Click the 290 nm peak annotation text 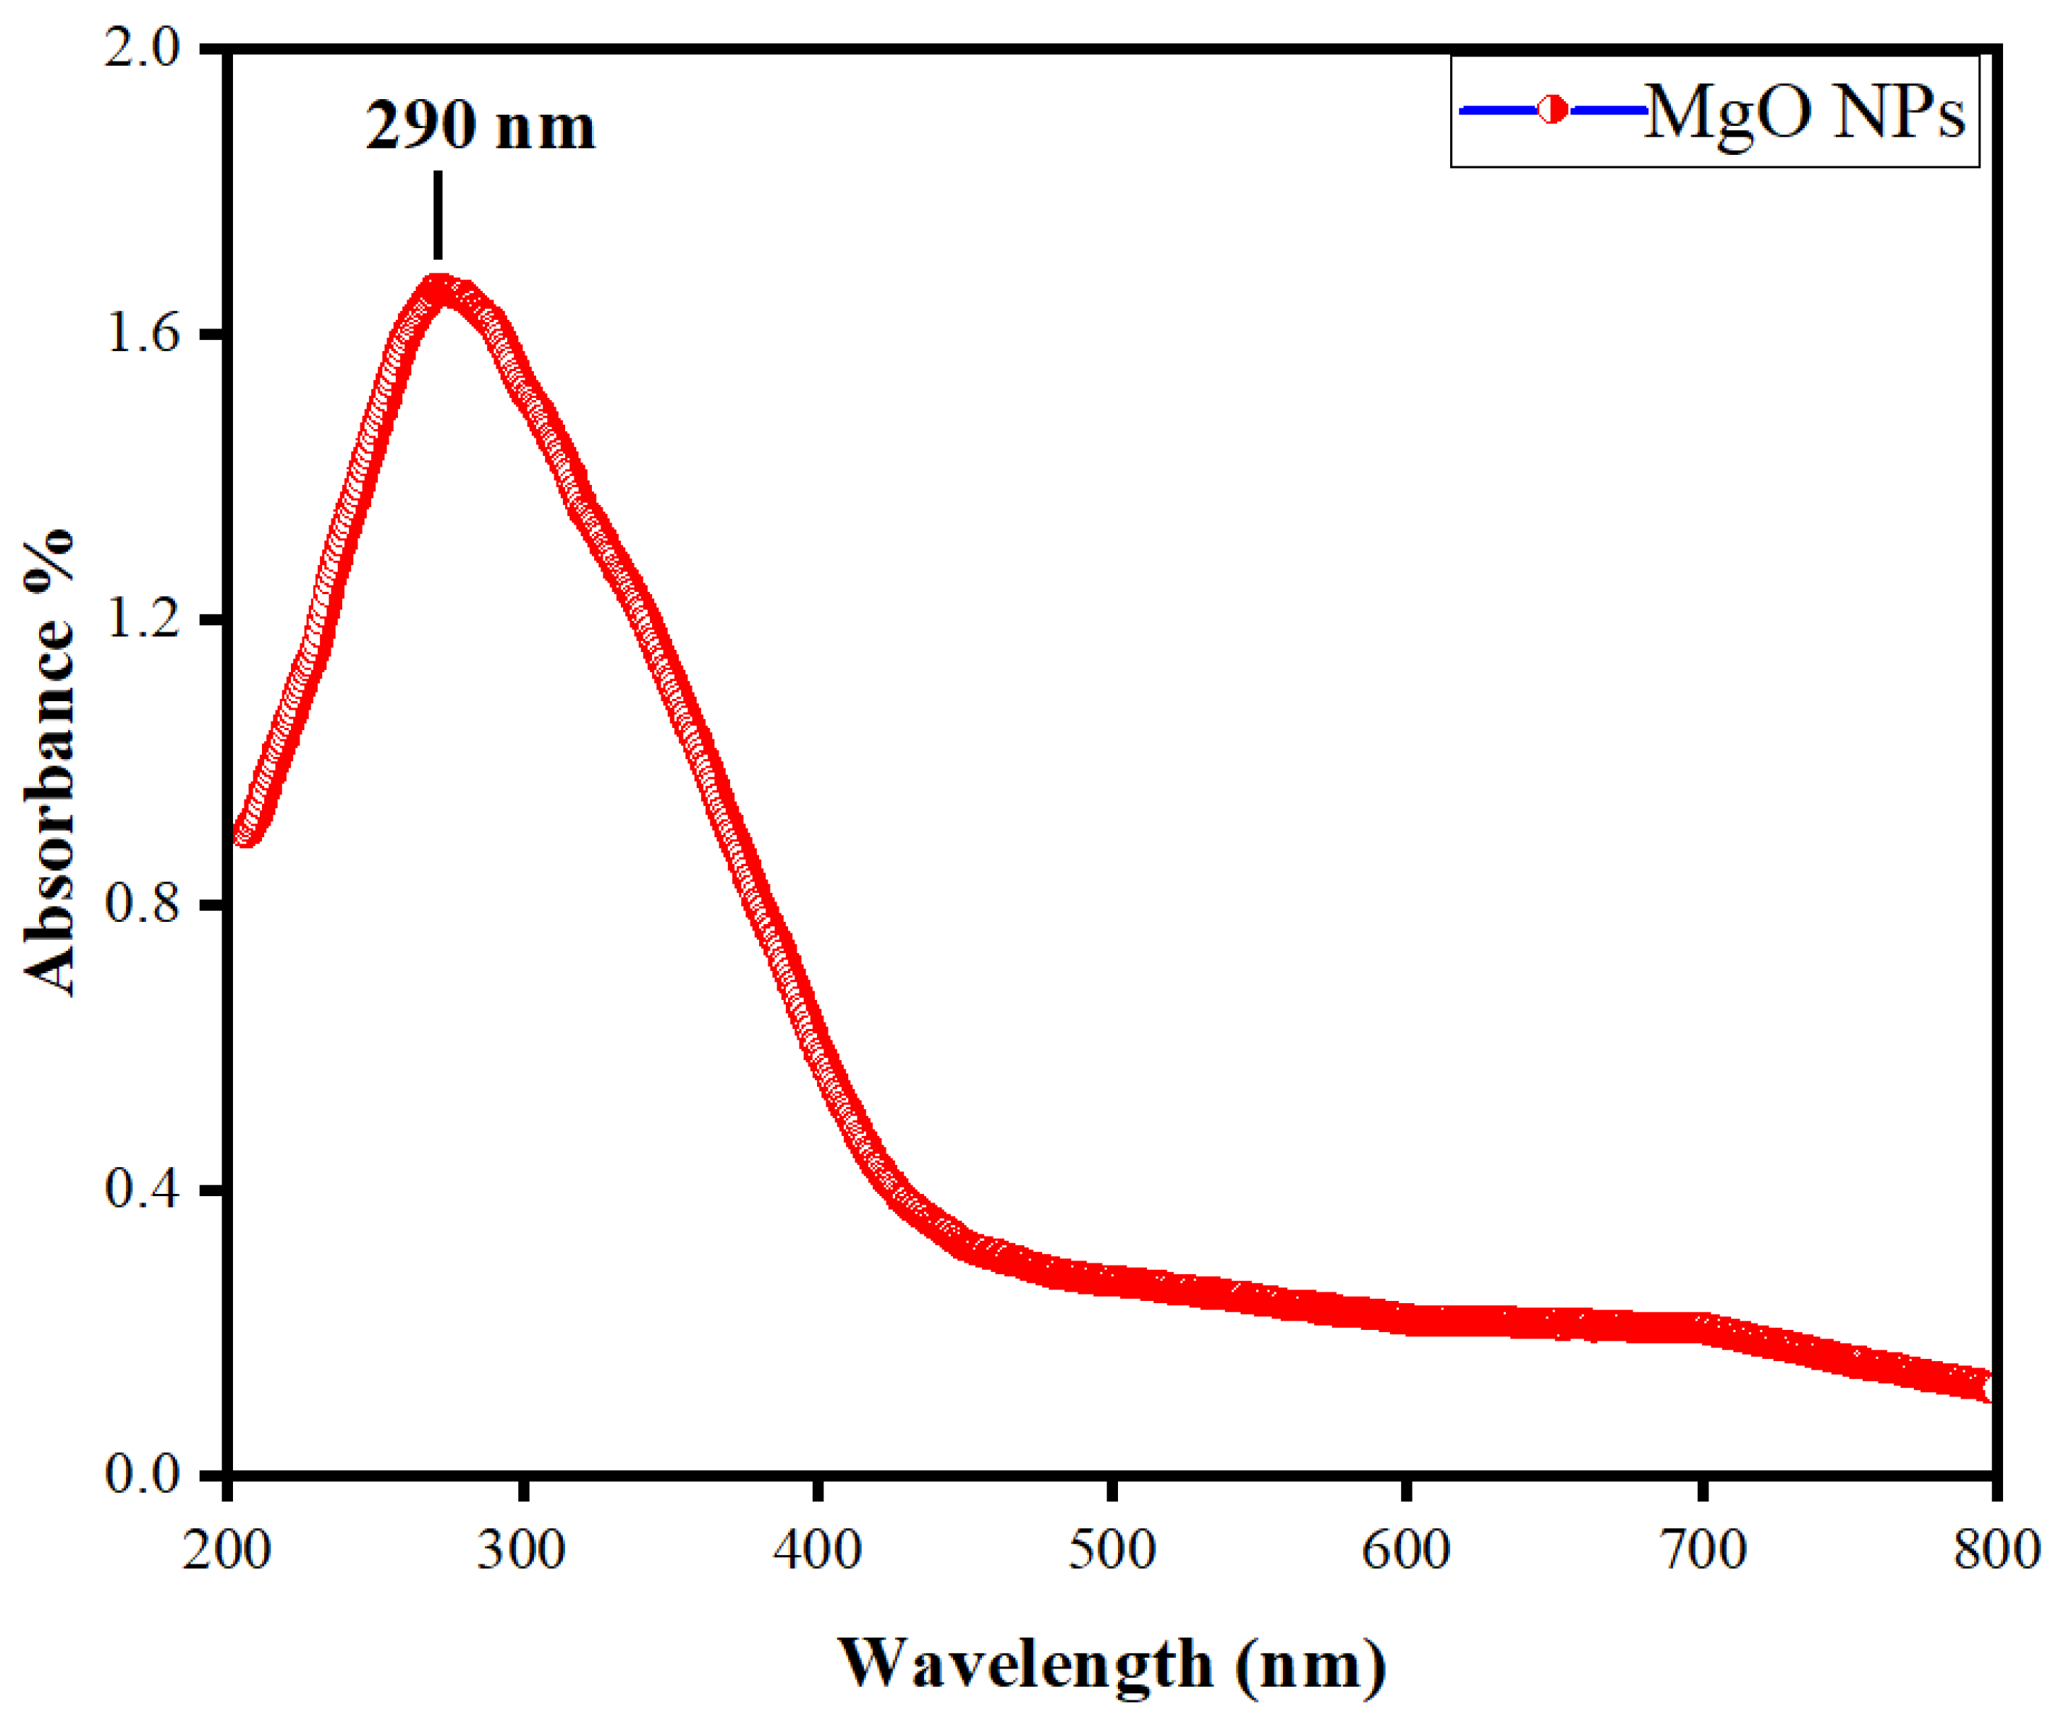[480, 127]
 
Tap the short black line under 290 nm [438, 215]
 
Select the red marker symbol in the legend [1552, 110]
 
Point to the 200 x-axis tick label [227, 1551]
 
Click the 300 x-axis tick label [522, 1551]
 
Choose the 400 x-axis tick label [817, 1551]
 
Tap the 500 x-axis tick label [1111, 1551]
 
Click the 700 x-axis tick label [1702, 1551]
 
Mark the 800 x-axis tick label [1995, 1551]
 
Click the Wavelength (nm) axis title [1111, 1664]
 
